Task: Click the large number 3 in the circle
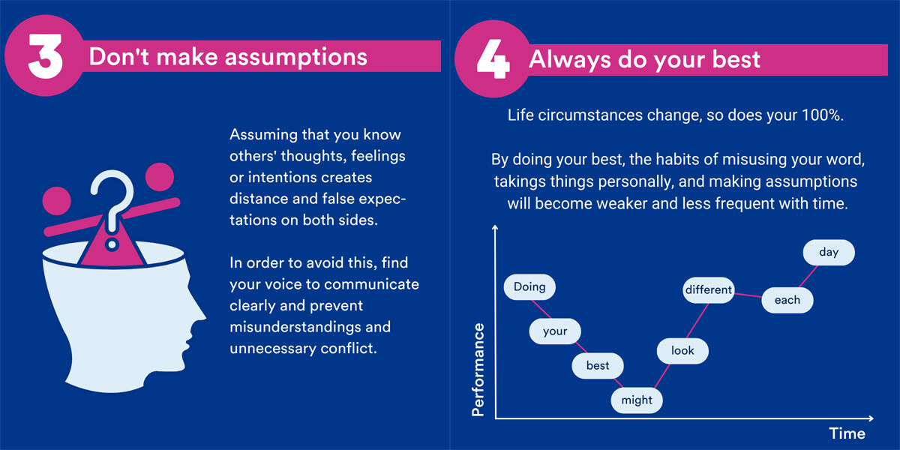[46, 55]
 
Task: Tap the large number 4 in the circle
[493, 58]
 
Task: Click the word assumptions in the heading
[296, 57]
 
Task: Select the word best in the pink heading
[736, 59]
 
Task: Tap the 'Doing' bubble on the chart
[529, 286]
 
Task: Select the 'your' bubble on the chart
[555, 331]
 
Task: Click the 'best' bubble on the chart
[598, 366]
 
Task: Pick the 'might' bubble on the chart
[637, 400]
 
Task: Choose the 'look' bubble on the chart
[682, 351]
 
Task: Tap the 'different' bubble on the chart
[709, 290]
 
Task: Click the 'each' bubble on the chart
[787, 300]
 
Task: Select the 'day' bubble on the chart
[829, 252]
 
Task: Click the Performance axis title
[478, 370]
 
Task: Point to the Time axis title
[847, 433]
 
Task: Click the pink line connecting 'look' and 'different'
[697, 321]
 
